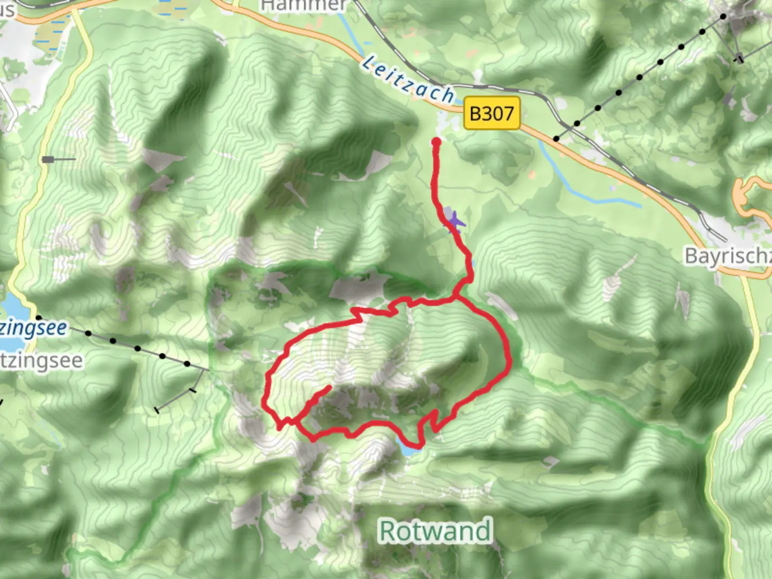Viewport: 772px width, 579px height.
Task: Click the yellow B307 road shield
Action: click(492, 113)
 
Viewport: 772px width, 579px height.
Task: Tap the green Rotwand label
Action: click(435, 531)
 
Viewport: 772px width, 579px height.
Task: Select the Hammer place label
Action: click(303, 5)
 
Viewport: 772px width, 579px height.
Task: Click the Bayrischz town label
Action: click(728, 256)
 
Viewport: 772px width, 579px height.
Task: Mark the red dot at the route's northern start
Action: click(436, 142)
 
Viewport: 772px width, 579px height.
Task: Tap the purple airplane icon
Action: click(455, 221)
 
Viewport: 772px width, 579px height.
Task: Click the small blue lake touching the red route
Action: click(409, 450)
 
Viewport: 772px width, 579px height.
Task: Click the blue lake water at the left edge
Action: click(11, 306)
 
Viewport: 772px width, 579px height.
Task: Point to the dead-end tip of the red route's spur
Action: click(329, 387)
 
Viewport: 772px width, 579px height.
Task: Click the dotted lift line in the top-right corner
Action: click(639, 78)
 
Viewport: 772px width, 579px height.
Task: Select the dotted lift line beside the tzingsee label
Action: click(137, 348)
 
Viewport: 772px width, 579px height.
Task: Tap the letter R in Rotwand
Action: click(388, 531)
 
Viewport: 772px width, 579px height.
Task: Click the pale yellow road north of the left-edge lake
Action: click(27, 214)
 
